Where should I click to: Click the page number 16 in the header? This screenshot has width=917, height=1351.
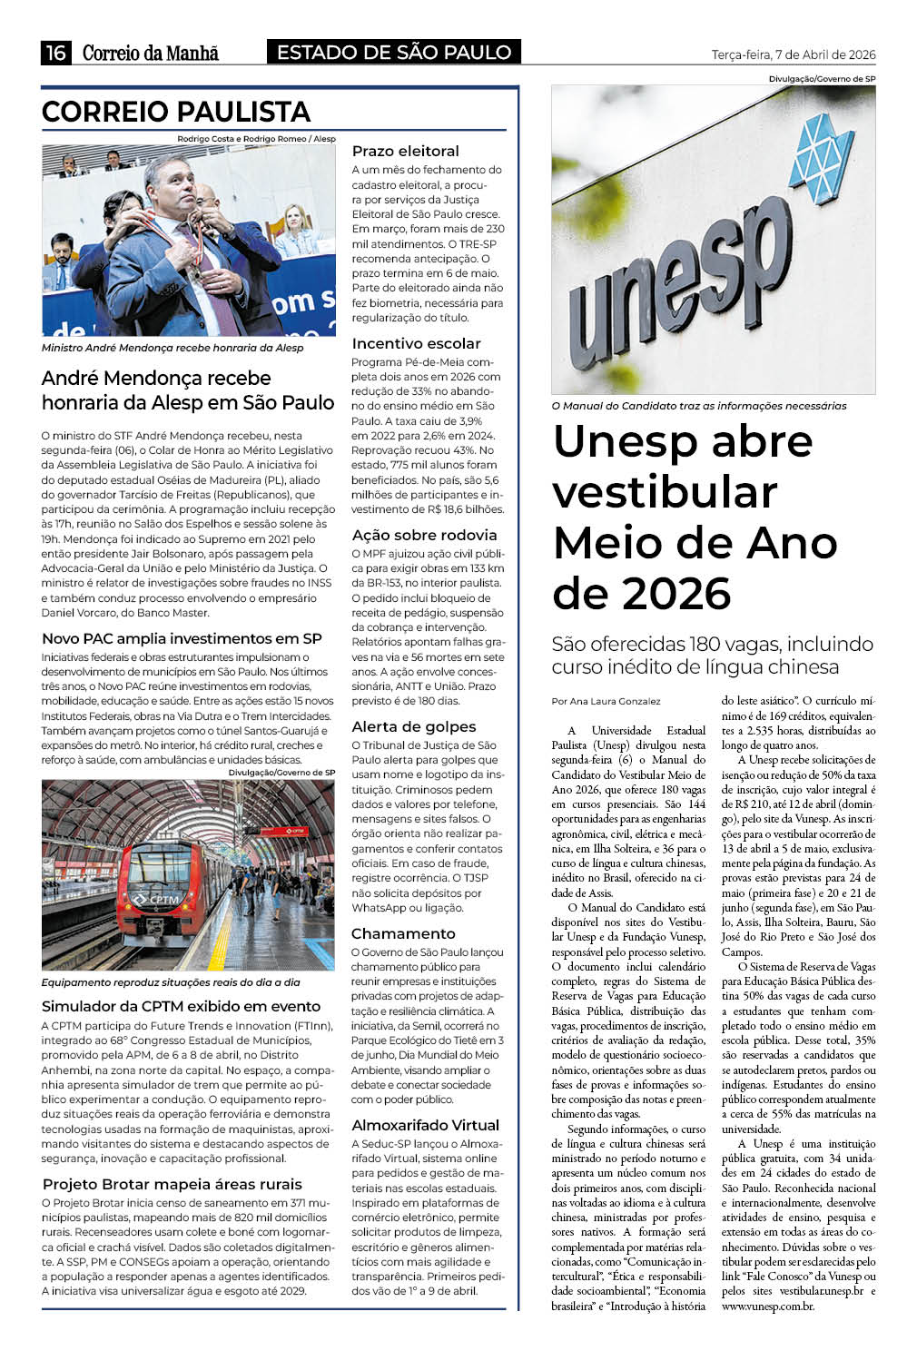(x=55, y=53)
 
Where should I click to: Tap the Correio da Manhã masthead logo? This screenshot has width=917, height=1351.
(x=151, y=53)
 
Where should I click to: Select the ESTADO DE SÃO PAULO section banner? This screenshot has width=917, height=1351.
(x=394, y=53)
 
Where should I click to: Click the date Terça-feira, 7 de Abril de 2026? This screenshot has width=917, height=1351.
(x=794, y=54)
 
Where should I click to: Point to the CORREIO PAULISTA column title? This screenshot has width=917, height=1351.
(x=176, y=112)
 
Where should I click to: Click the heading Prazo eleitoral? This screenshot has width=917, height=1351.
(x=405, y=151)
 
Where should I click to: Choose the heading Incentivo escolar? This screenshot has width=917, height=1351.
(x=416, y=343)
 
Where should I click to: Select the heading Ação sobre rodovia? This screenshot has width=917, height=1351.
(x=424, y=535)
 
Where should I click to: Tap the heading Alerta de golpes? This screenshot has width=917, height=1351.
(x=413, y=726)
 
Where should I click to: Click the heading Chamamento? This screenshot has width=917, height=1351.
(x=403, y=933)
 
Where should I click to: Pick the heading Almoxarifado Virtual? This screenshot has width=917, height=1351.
(x=425, y=1125)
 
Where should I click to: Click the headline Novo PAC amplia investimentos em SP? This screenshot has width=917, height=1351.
(x=182, y=638)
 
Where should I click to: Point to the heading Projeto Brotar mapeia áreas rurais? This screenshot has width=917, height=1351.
(x=172, y=1184)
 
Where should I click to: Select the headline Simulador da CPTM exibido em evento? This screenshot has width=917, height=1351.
(x=181, y=1006)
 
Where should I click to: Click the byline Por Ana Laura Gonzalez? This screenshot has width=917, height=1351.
(x=606, y=701)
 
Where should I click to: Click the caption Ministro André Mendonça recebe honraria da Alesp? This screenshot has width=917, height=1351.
(x=173, y=348)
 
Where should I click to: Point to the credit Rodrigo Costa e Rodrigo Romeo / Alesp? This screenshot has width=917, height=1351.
(x=256, y=139)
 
